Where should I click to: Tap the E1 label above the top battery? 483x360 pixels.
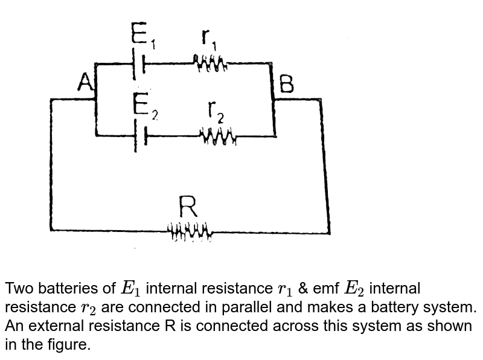144,37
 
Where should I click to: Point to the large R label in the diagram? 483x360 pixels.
189,209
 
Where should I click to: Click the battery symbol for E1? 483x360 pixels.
138,63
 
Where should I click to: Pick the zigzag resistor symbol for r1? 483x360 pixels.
210,62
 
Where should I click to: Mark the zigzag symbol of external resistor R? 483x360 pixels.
190,231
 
